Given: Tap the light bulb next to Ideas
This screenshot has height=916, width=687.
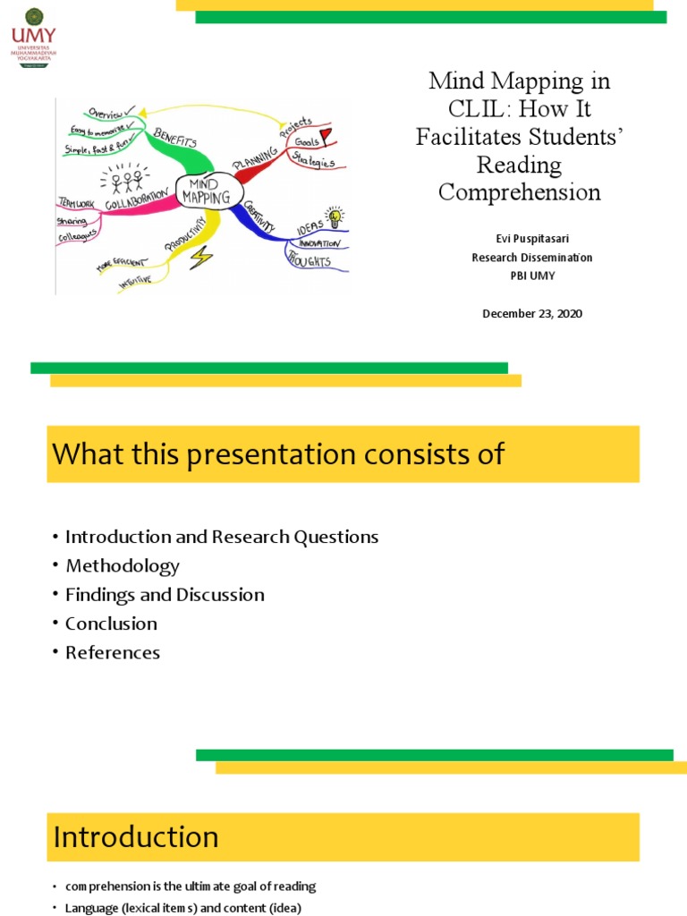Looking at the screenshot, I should click(x=334, y=216).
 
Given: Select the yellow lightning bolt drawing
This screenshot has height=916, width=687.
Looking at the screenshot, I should click(x=201, y=258).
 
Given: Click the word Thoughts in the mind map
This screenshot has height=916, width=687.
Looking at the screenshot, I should click(x=309, y=260).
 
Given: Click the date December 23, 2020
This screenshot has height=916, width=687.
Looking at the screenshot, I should click(x=532, y=313).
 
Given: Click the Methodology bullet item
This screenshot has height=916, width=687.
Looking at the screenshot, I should click(x=122, y=566).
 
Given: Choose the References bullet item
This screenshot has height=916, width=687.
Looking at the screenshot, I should click(x=112, y=653).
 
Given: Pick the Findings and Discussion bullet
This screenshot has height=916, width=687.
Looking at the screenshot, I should click(x=165, y=595).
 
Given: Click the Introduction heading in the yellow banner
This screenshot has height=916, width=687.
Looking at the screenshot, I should click(x=136, y=837).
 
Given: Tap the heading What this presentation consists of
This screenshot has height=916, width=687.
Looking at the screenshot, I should click(x=278, y=454).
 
